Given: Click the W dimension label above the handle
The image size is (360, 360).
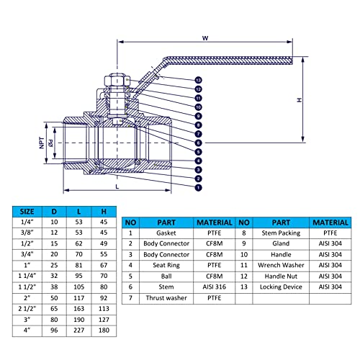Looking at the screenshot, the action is [x=205, y=38].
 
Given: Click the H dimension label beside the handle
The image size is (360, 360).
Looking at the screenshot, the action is [x=300, y=100].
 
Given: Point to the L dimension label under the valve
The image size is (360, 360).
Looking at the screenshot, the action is [x=117, y=186].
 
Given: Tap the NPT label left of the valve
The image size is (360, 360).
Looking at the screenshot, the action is [x=42, y=143].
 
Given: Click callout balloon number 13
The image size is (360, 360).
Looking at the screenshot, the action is [x=198, y=80].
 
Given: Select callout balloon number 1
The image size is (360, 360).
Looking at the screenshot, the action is [x=198, y=187].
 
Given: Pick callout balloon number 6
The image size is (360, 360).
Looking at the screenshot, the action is [x=198, y=143].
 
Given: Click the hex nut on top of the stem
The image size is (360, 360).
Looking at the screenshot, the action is [x=117, y=81].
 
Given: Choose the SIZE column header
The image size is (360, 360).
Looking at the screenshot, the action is [x=27, y=212].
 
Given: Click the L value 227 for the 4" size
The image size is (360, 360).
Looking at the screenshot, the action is [x=79, y=330].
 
